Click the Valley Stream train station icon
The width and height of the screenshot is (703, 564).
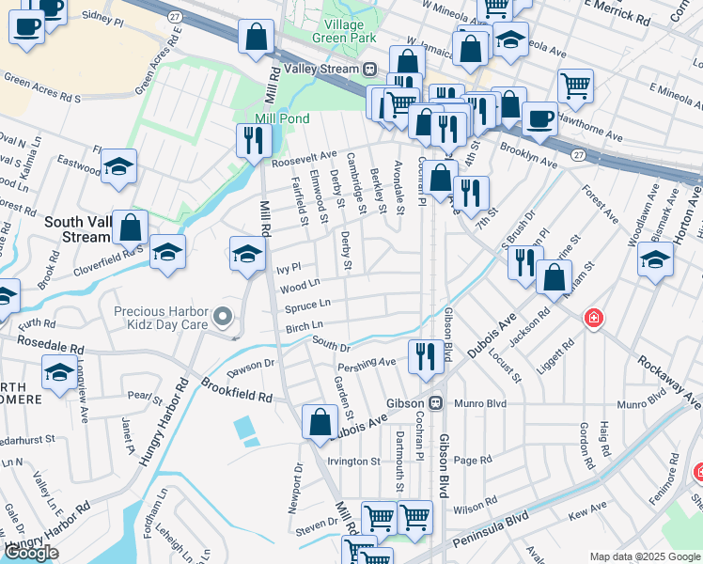pyautogui.click(x=371, y=69)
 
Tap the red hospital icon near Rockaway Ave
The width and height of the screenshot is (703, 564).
pyautogui.click(x=593, y=318)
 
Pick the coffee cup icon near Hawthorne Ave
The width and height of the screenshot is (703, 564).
pyautogui.click(x=539, y=117)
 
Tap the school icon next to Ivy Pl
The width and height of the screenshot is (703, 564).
pyautogui.click(x=248, y=254)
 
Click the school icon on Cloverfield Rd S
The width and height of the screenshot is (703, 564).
pyautogui.click(x=167, y=252)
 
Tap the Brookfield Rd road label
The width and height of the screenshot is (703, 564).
pyautogui.click(x=236, y=391)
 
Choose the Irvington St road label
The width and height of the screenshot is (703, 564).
pyautogui.click(x=352, y=462)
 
